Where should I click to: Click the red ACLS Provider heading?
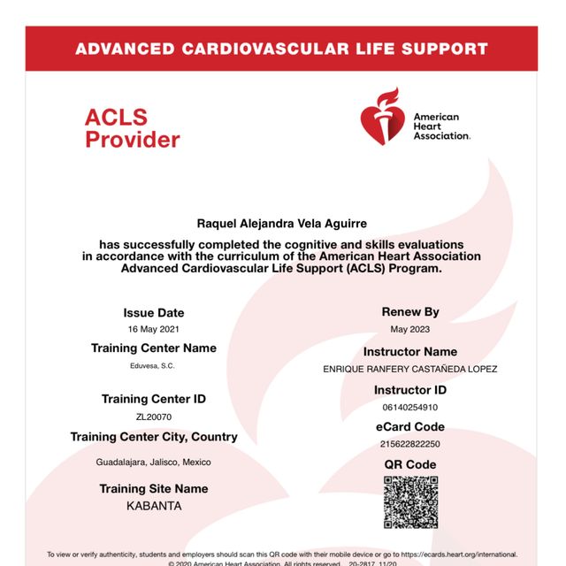pos(132,128)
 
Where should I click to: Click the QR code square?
pos(410,502)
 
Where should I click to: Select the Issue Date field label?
pos(154,313)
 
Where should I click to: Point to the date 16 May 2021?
pos(154,329)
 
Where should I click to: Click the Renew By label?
pos(410,312)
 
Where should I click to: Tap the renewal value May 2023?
pos(410,329)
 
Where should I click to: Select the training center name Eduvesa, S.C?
pos(154,365)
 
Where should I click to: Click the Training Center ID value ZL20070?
pos(154,417)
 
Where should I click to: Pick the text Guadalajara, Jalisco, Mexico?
pos(154,463)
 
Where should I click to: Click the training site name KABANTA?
pos(154,507)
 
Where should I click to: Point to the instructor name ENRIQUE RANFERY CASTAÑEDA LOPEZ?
pos(410,369)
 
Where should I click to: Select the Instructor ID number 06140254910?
pos(410,408)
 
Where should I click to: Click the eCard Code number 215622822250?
pos(410,444)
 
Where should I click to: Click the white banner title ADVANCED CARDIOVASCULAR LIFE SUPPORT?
pos(281,49)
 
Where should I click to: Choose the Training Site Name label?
pos(154,489)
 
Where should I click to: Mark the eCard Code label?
pos(410,427)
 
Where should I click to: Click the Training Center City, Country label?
pos(154,437)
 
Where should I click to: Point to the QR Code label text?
pos(410,464)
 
